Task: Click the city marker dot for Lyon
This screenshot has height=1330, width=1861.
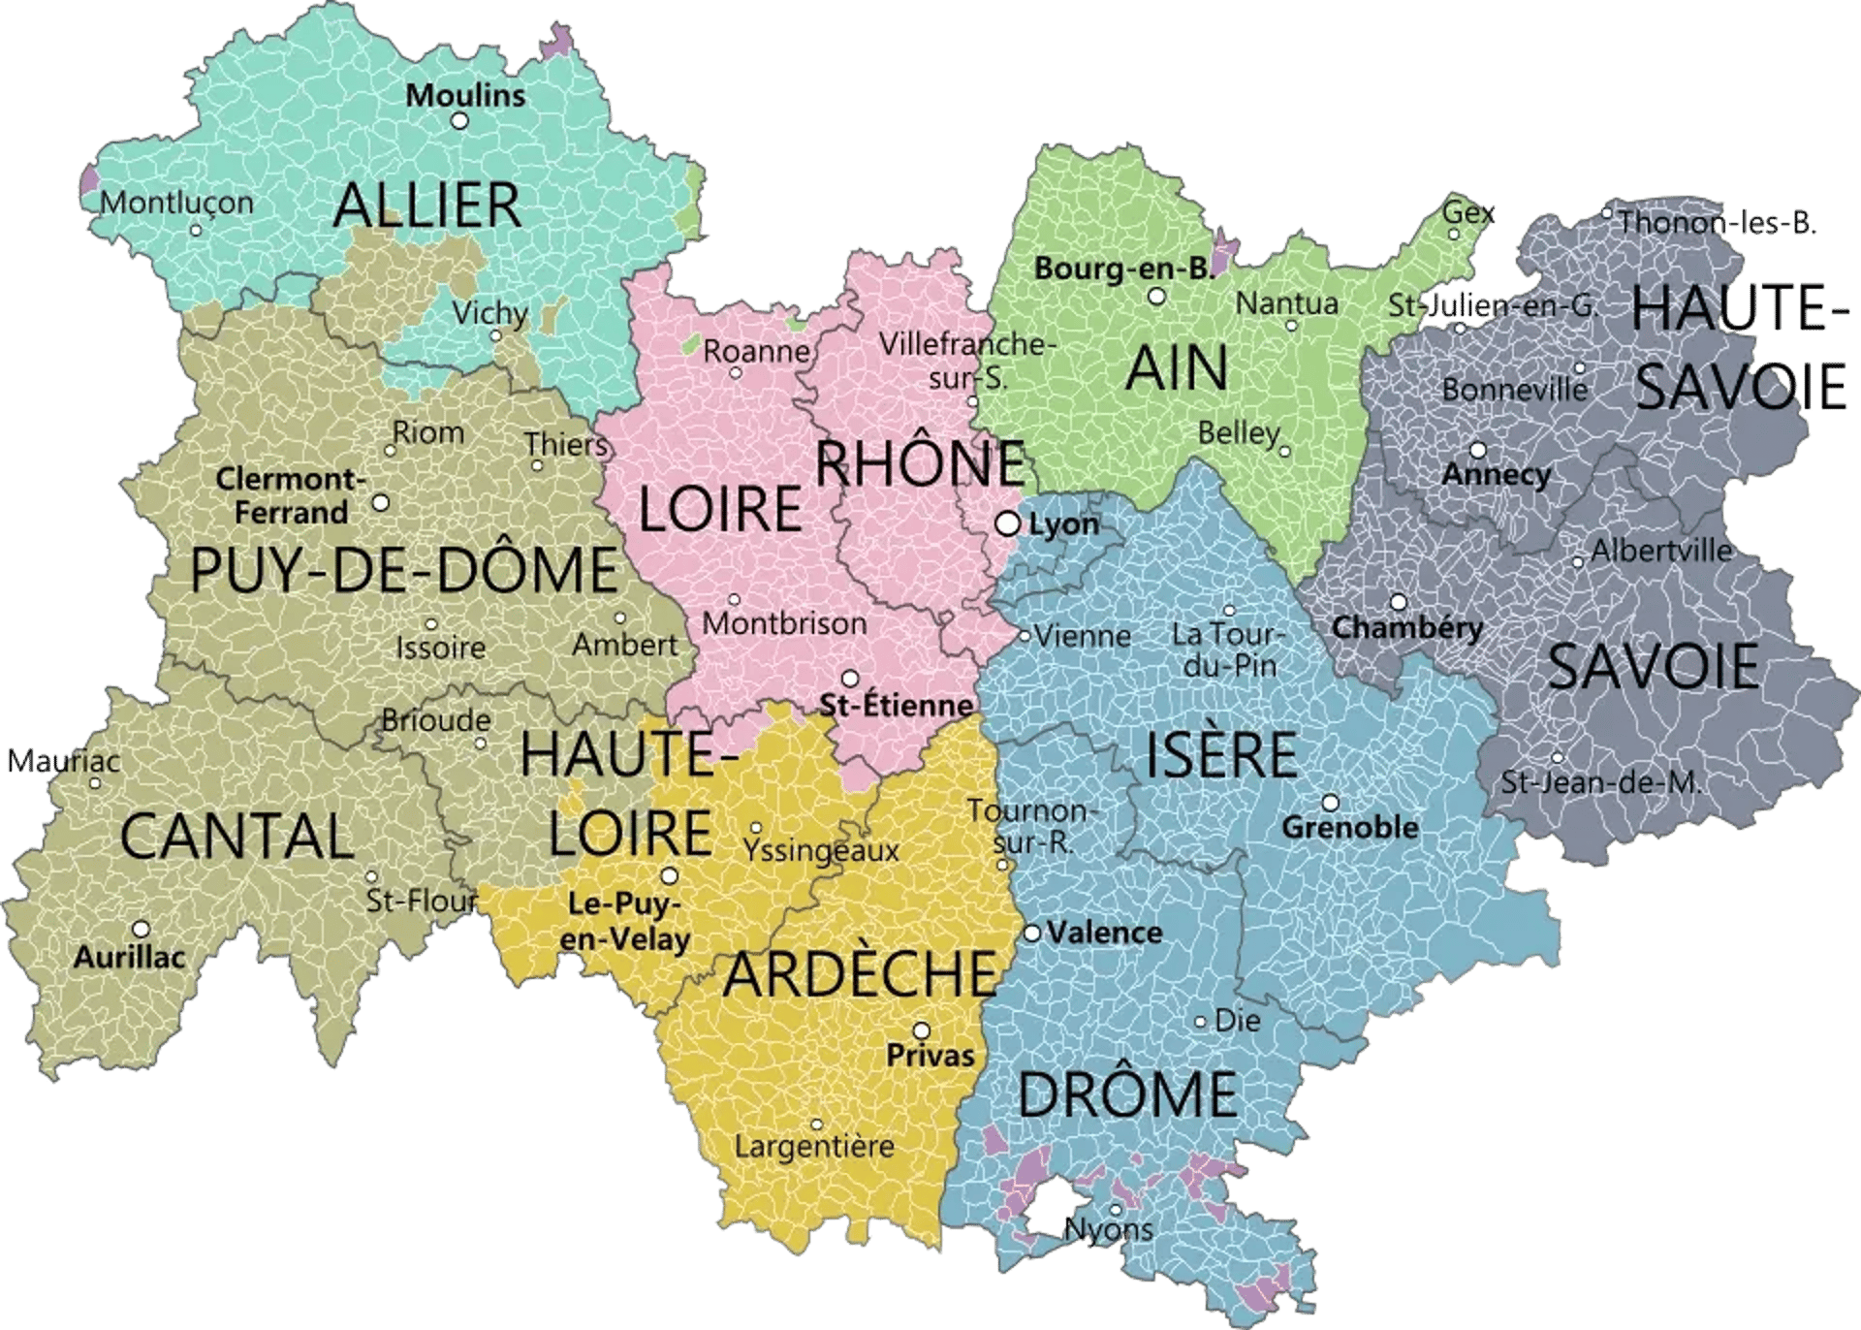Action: click(1008, 523)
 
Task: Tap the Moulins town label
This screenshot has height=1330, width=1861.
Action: click(465, 96)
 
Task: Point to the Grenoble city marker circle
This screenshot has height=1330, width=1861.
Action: click(1330, 803)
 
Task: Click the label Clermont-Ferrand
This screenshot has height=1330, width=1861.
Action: click(291, 495)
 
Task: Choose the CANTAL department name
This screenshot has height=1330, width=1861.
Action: click(237, 837)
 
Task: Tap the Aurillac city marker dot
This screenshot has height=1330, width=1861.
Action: click(141, 929)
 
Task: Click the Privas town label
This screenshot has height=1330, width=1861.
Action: click(930, 1056)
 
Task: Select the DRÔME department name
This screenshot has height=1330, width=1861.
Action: click(1127, 1093)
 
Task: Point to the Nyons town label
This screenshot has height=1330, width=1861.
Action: click(1109, 1230)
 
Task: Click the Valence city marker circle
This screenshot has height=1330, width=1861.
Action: click(1032, 933)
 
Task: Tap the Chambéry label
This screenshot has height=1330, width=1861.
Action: click(1406, 628)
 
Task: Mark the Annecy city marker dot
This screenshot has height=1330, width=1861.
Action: click(1478, 450)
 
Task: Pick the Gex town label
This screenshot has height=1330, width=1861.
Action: click(1468, 211)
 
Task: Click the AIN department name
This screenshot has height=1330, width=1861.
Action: click(1177, 368)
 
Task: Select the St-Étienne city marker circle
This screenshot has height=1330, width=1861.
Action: click(850, 678)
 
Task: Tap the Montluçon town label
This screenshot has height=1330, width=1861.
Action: click(176, 203)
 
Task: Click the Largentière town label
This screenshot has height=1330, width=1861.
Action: click(814, 1147)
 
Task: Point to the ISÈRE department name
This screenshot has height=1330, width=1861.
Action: click(1221, 755)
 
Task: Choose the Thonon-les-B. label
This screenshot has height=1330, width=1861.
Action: click(1717, 223)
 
